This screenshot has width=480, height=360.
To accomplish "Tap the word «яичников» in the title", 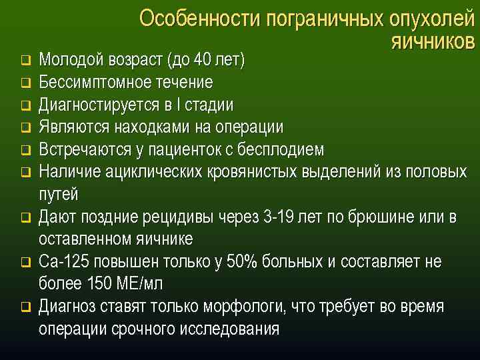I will (432, 41).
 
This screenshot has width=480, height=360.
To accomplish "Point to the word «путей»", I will (59, 195).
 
